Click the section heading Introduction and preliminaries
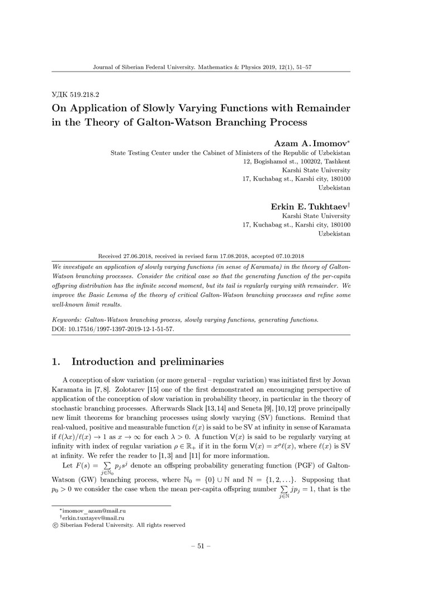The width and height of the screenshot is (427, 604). tap(148, 361)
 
